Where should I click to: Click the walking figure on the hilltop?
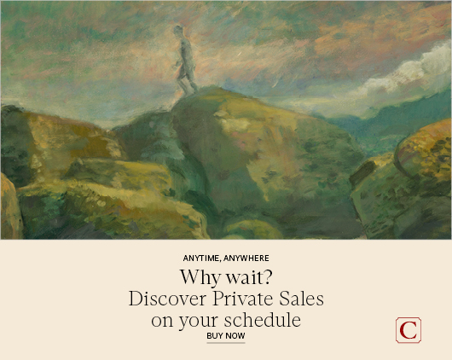pyautogui.click(x=186, y=60)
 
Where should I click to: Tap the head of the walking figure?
pyautogui.click(x=178, y=31)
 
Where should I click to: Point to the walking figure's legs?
pyautogui.click(x=188, y=82)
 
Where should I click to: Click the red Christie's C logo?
pyautogui.click(x=409, y=330)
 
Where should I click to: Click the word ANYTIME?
pyautogui.click(x=201, y=258)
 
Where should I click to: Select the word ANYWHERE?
pyautogui.click(x=246, y=258)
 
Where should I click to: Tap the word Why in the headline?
pyautogui.click(x=200, y=278)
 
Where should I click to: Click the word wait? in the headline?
pyautogui.click(x=249, y=277)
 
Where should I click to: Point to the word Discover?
pyautogui.click(x=167, y=299)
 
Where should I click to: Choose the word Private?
pyautogui.click(x=243, y=299)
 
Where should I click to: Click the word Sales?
pyautogui.click(x=301, y=299)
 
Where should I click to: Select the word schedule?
pyautogui.click(x=263, y=320)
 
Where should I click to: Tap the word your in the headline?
pyautogui.click(x=199, y=322)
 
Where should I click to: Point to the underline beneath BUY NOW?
pyautogui.click(x=226, y=343)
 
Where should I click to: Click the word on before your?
pyautogui.click(x=162, y=321)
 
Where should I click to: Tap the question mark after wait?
pyautogui.click(x=268, y=277)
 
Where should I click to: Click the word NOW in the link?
pyautogui.click(x=235, y=336)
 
